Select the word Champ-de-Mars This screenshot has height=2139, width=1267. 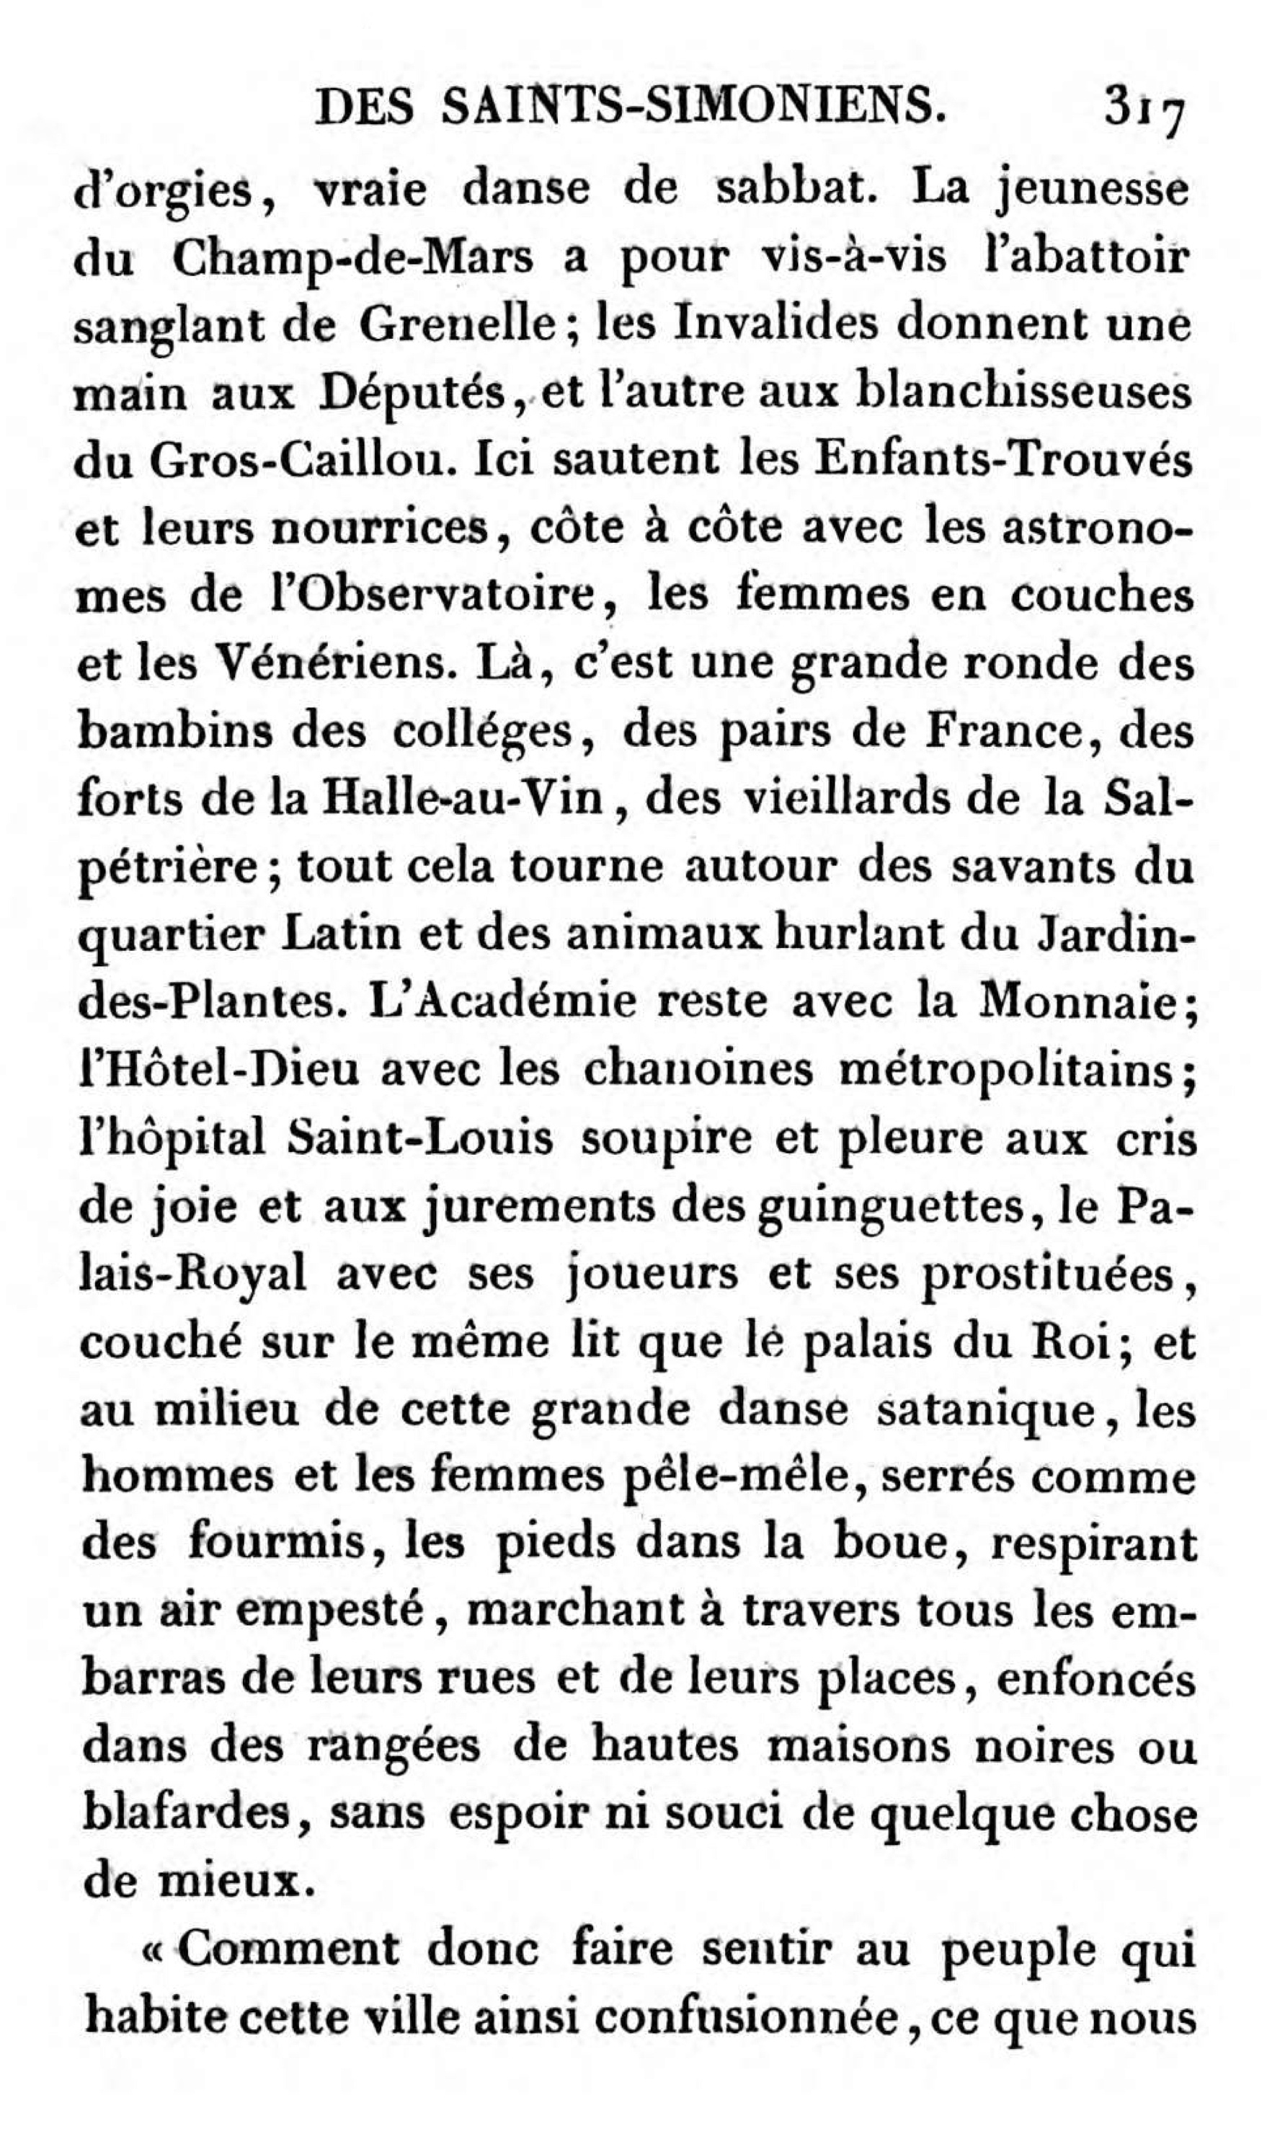tap(352, 259)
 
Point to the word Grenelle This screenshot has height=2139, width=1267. tap(457, 326)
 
